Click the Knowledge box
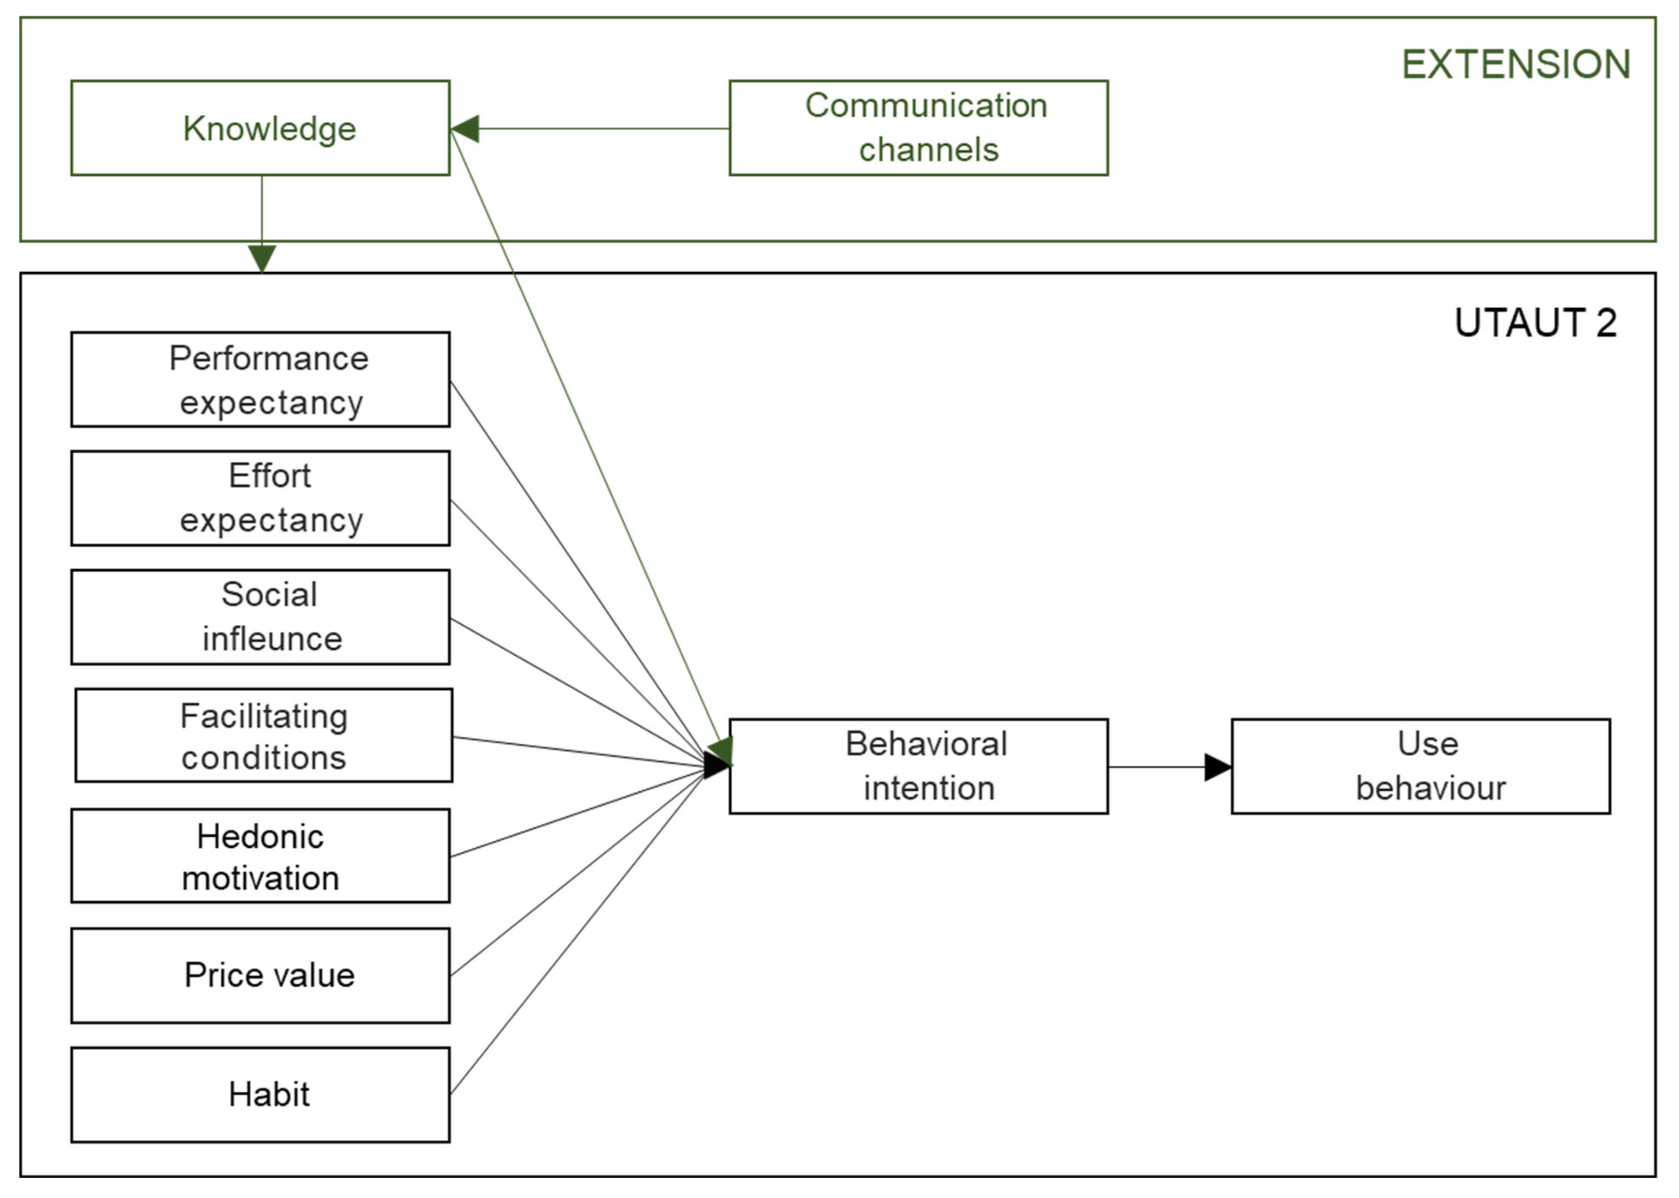(260, 128)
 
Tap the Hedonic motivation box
(260, 856)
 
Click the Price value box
(260, 975)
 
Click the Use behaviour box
(1420, 767)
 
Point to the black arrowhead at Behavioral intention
(716, 765)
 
